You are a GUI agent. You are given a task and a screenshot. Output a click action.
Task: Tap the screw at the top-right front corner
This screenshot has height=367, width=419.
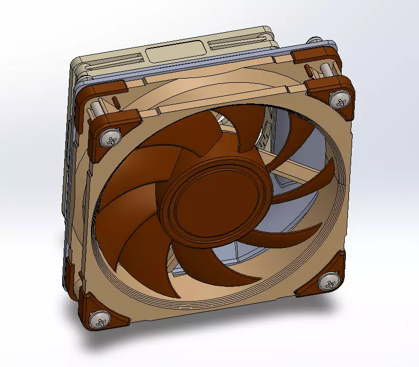click(338, 99)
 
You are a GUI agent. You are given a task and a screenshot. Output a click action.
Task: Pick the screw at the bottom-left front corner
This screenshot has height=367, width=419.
click(99, 318)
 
